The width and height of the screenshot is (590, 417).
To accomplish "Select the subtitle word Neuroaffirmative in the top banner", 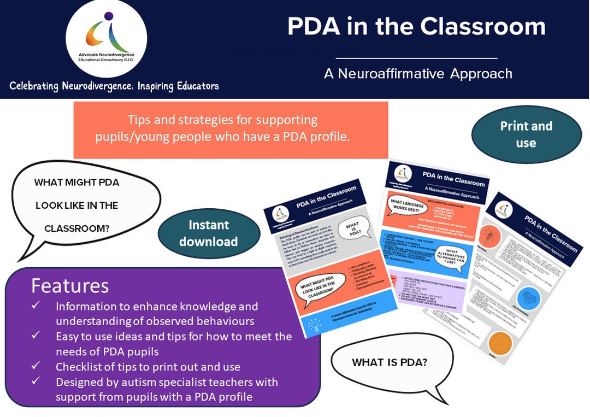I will click(392, 73).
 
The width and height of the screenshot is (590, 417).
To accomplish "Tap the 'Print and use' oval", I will click(526, 134).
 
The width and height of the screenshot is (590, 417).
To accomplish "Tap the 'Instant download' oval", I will click(208, 233).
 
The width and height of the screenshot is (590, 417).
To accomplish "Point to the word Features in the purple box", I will click(70, 286).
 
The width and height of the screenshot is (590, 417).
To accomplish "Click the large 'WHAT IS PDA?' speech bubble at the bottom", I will click(390, 363).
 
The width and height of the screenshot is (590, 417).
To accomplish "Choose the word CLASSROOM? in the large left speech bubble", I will click(76, 228).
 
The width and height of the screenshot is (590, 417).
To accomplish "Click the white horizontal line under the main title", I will click(416, 57).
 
